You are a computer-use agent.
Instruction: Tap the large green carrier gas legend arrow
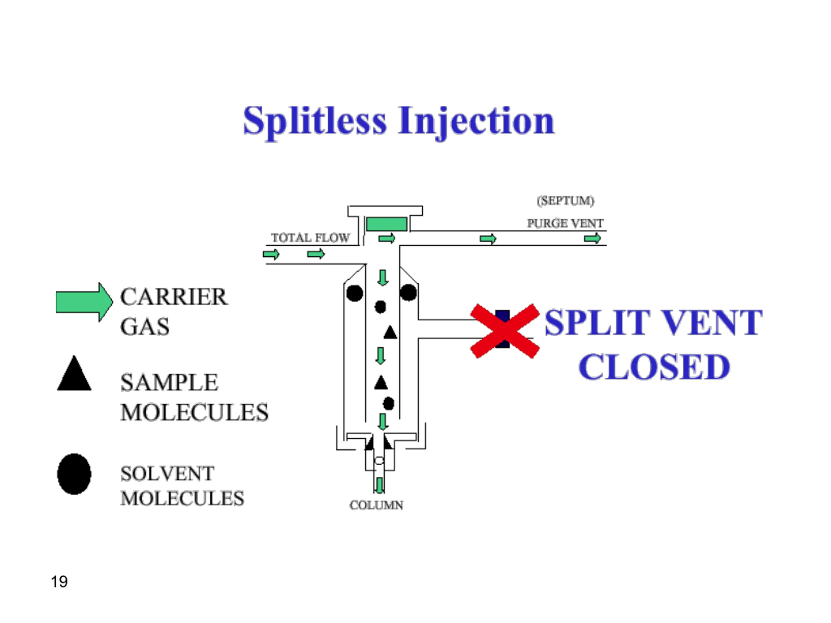pyautogui.click(x=84, y=302)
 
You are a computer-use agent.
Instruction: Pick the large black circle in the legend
pyautogui.click(x=74, y=474)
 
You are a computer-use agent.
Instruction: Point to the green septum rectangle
pyautogui.click(x=387, y=224)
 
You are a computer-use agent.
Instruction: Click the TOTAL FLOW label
pyautogui.click(x=310, y=238)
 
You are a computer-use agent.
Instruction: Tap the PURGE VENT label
pyautogui.click(x=565, y=224)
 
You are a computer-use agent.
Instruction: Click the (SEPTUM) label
pyautogui.click(x=565, y=201)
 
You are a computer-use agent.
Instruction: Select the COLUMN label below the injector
pyautogui.click(x=377, y=505)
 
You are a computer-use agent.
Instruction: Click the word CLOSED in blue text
pyautogui.click(x=654, y=367)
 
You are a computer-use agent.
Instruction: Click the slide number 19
pyautogui.click(x=59, y=582)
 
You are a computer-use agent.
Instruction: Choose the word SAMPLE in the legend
pyautogui.click(x=169, y=383)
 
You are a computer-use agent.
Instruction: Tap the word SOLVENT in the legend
pyautogui.click(x=167, y=473)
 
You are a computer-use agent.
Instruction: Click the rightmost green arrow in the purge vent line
pyautogui.click(x=592, y=238)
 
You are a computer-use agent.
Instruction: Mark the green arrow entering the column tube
pyautogui.click(x=380, y=485)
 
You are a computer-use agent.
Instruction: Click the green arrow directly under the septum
pyautogui.click(x=387, y=238)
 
